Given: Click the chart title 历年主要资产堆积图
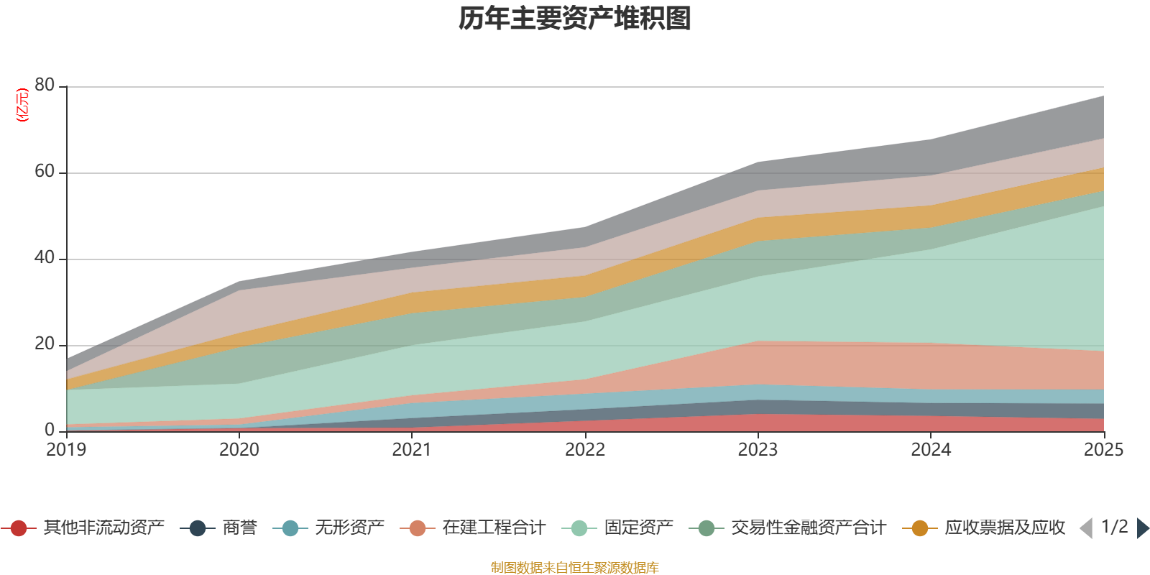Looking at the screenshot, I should coord(575,19).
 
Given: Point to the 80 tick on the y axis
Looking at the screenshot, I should coord(45,85).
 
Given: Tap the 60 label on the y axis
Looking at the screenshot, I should coord(45,171).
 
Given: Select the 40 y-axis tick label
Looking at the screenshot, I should coord(45,257).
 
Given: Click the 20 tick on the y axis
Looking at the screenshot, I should coord(45,344).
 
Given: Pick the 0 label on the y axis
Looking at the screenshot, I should coord(50,430).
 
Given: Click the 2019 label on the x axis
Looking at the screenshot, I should coord(66,450).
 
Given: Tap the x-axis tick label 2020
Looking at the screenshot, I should coord(239,450).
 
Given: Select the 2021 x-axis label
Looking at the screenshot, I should coord(412,450).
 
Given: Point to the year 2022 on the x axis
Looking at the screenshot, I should coord(585,450).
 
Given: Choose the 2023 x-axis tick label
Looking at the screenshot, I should coord(758,450).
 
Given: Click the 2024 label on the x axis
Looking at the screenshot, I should coord(931,450).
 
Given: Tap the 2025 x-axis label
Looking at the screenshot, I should coord(1103,450).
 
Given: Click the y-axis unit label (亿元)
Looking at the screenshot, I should coord(22,105).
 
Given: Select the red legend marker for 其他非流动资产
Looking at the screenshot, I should coord(19,528).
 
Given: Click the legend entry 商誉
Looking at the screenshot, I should coord(239,528).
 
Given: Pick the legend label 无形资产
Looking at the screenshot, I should coord(349,528).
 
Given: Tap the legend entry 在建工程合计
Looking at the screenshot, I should coord(494,528).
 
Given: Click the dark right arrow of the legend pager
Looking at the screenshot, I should coord(1142,528).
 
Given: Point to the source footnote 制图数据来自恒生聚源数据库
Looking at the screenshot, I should coord(575,568).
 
